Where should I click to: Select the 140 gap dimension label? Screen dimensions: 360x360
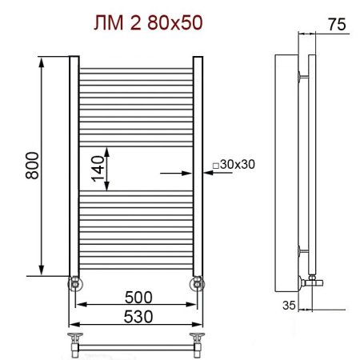click(x=98, y=170)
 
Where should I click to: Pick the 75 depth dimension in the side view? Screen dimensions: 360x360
click(x=337, y=25)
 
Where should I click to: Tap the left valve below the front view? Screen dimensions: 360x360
click(x=74, y=282)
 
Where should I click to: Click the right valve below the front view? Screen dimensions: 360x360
click(x=196, y=282)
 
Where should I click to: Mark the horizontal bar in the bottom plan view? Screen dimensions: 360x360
click(x=135, y=345)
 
